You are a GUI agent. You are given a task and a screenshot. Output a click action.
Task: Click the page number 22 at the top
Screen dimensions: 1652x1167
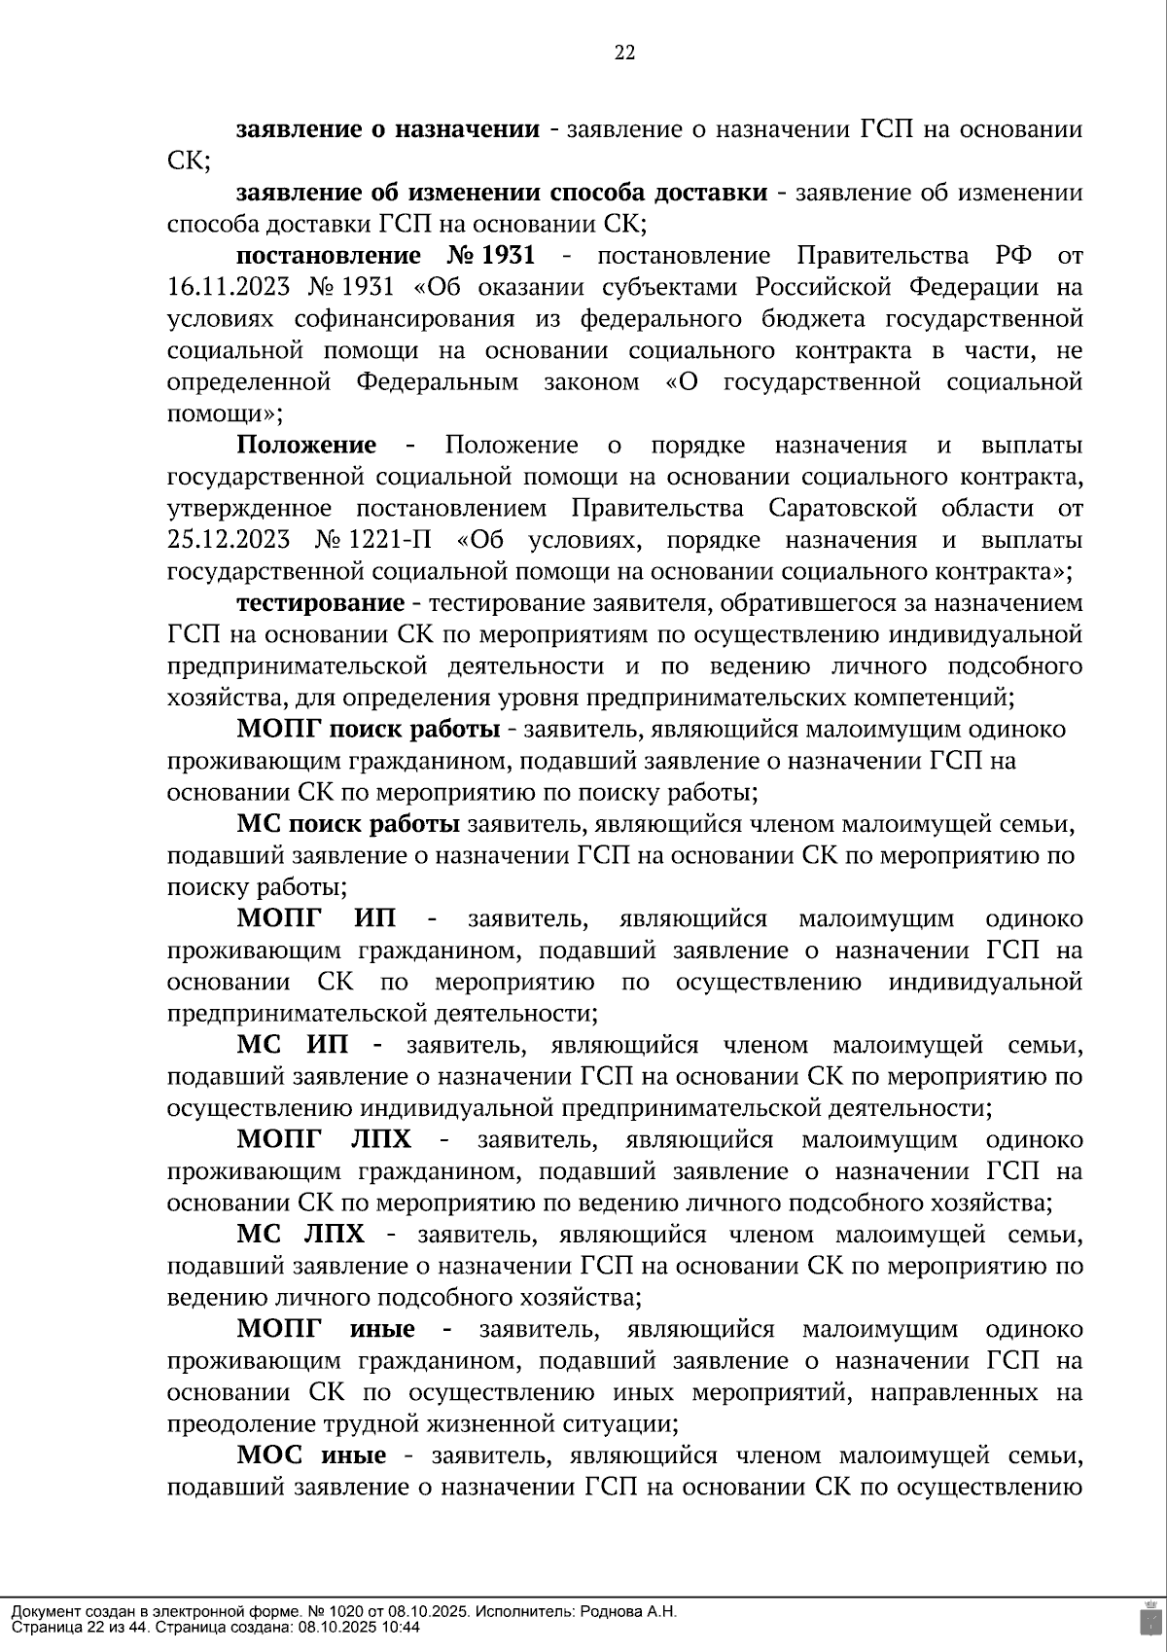pos(624,54)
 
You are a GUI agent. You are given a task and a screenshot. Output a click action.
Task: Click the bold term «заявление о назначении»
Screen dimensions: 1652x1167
pos(388,129)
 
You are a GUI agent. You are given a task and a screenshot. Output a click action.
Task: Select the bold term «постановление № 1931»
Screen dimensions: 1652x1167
pos(385,256)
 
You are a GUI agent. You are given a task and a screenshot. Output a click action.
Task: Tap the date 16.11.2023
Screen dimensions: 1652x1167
pos(228,288)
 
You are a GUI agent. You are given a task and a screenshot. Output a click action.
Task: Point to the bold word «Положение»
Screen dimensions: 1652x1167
pos(306,446)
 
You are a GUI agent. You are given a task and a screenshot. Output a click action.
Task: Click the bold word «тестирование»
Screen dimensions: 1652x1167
pos(320,603)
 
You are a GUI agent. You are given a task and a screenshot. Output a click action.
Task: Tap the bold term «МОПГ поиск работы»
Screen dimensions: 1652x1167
pos(369,730)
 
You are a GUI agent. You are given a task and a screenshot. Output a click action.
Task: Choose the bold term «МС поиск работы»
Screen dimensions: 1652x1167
pos(348,824)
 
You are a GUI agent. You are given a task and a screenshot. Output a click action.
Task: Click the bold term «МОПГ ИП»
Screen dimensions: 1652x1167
pos(323,918)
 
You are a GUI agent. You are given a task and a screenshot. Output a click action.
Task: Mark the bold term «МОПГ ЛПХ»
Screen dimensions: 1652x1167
pos(324,1139)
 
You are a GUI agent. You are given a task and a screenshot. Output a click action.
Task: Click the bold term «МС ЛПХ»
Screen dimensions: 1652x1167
pos(301,1235)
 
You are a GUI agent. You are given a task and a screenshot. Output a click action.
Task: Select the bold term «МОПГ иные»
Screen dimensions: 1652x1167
pos(326,1329)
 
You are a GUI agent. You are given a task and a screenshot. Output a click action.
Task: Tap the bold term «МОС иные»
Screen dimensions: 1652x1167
pos(311,1455)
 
